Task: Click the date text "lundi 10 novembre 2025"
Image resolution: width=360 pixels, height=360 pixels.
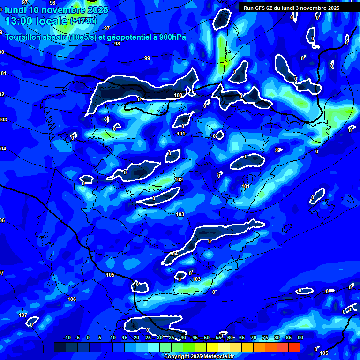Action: click(56, 10)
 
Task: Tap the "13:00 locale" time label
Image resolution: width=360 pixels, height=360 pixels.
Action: click(36, 21)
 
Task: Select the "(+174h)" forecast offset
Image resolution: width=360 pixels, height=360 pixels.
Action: click(83, 21)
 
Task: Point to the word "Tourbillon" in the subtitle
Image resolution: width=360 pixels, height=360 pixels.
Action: click(24, 37)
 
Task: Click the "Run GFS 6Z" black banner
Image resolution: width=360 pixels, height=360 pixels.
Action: click(295, 7)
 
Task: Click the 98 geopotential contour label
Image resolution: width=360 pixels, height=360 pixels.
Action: click(117, 44)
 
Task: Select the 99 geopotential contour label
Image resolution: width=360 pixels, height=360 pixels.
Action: click(147, 58)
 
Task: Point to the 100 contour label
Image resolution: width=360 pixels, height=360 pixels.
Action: click(178, 96)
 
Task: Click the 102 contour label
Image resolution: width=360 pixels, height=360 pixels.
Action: click(179, 180)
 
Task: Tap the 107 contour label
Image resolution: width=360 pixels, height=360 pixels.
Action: click(23, 315)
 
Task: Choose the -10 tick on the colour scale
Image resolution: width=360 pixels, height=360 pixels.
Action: click(67, 337)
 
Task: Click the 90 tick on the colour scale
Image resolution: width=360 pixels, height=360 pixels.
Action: click(300, 337)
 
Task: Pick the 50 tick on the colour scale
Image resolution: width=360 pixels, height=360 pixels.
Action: click(207, 337)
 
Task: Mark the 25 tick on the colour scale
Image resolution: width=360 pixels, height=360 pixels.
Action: click(148, 337)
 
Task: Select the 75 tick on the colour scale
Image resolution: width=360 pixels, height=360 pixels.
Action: click(265, 337)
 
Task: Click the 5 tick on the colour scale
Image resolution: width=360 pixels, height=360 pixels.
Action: click(100, 337)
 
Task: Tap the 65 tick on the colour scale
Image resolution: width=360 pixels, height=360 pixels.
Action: click(242, 337)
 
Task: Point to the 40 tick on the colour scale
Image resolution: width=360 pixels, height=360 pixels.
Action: click(183, 337)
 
